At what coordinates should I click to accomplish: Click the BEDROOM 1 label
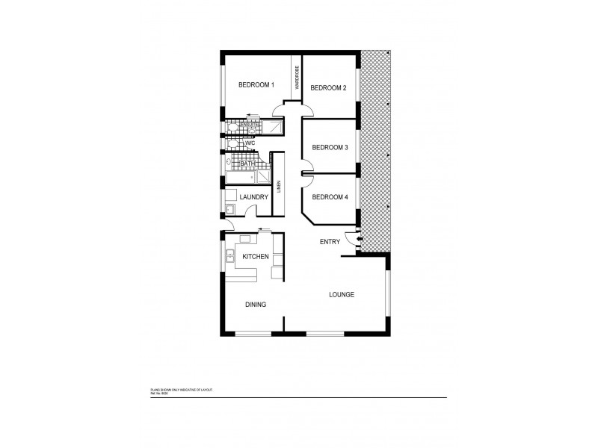point(256,84)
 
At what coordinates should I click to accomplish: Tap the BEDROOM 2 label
point(328,88)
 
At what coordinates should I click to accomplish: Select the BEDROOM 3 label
point(330,147)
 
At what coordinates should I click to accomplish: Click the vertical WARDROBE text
point(297,78)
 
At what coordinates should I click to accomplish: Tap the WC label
point(251,142)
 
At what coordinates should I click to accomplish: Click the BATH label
point(247,164)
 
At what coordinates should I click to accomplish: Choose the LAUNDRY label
point(253,196)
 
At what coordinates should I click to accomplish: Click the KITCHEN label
point(255,256)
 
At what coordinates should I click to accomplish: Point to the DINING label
point(256,304)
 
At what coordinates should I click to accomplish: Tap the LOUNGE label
point(342,294)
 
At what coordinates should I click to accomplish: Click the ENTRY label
point(330,241)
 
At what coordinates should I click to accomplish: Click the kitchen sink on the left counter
point(229,258)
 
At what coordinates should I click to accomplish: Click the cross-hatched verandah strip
point(376,149)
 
